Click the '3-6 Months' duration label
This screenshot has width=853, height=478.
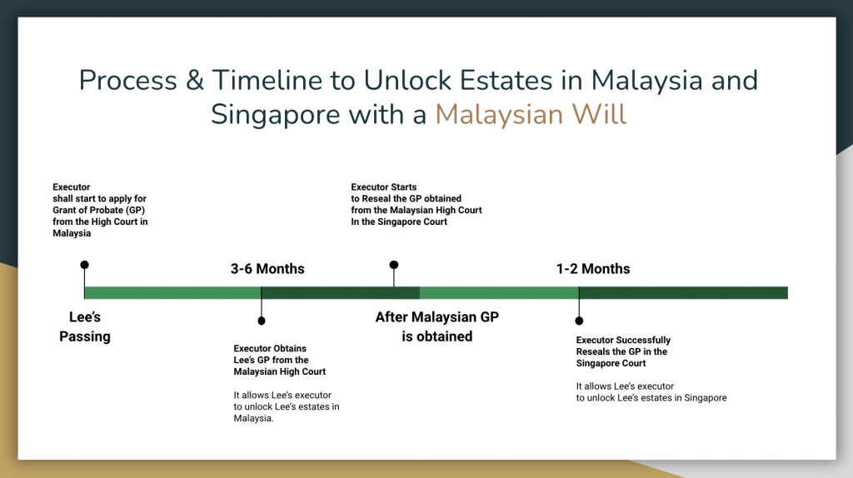coord(267,269)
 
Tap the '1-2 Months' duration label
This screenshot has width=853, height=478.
coord(593,269)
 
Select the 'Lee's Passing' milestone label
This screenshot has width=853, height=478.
coord(85,326)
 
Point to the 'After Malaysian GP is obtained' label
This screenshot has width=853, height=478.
coord(436,326)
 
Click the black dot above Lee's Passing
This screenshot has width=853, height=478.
coord(84,265)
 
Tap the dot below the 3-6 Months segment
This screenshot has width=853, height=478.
coord(262,321)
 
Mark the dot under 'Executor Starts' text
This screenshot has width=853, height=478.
coord(394,265)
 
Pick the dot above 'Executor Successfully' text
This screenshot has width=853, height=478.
coord(580,321)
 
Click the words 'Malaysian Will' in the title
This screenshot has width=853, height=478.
coord(531,115)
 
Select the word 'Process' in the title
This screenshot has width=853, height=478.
coord(127,81)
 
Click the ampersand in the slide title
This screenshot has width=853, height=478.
coord(195,81)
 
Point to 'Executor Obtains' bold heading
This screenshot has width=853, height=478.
coord(270,349)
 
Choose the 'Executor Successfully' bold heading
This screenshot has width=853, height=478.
coord(623,340)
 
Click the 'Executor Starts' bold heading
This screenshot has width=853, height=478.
coord(383,187)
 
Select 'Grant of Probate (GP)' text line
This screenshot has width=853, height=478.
coord(98,211)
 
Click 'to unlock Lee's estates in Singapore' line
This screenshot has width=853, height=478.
coord(651,398)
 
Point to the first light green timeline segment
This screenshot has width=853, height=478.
coord(173,292)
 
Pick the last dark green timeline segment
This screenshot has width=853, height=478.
coord(683,292)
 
